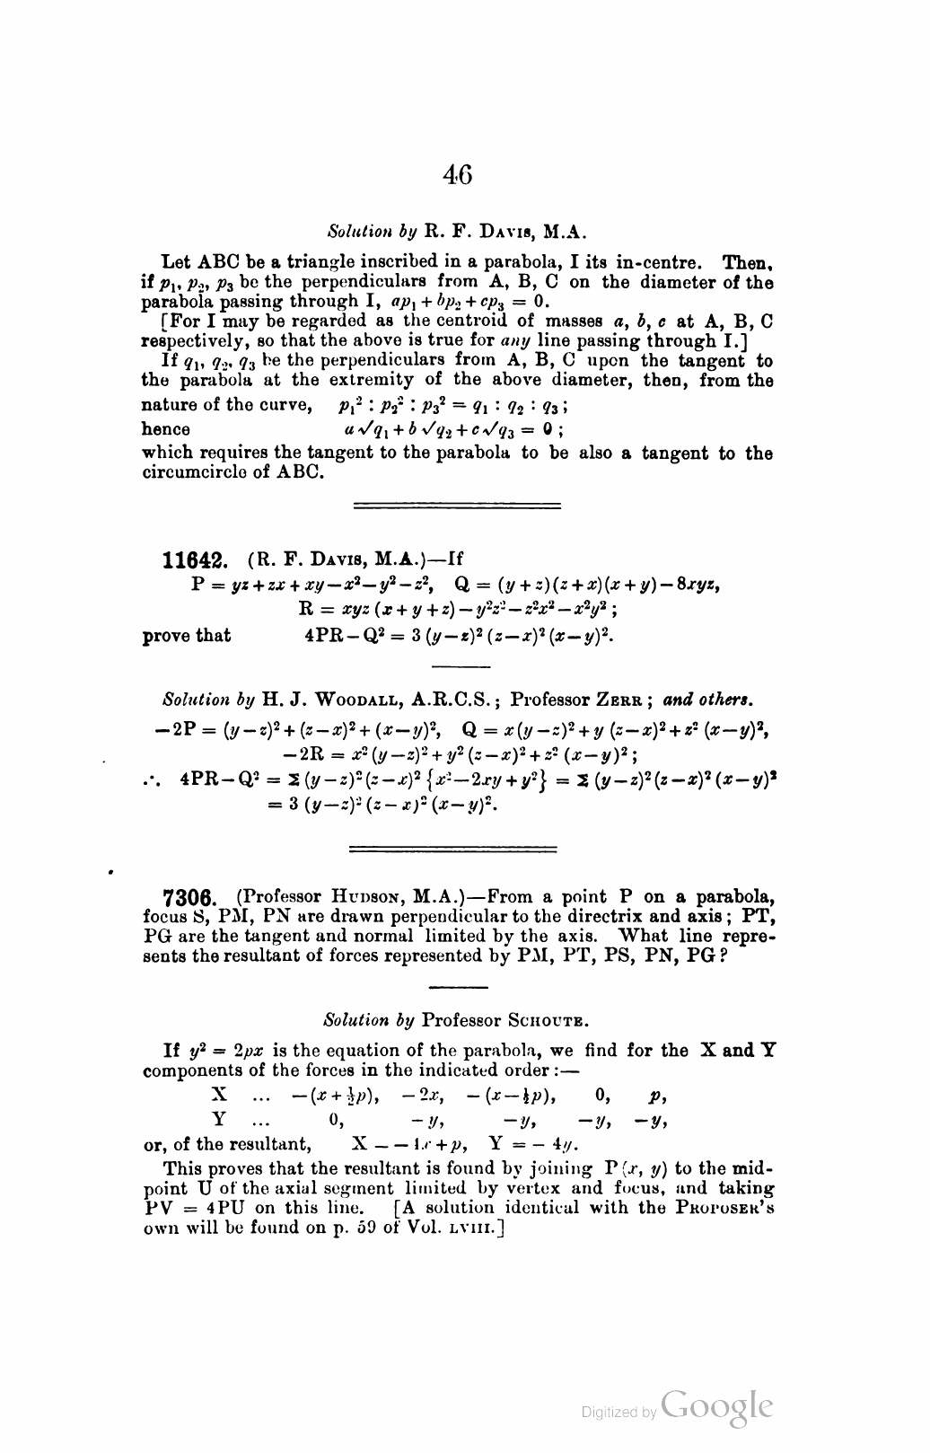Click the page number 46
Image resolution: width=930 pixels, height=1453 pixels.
[x=457, y=174]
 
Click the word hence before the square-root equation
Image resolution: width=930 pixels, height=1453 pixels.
[x=166, y=429]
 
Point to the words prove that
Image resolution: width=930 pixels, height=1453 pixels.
[x=187, y=636]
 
